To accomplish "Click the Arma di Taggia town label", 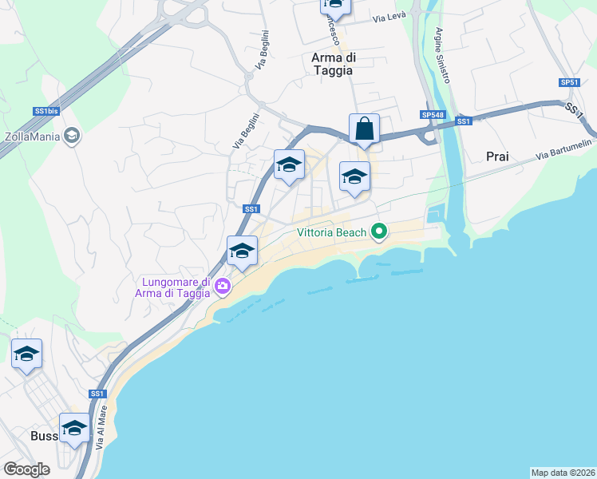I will (333, 63).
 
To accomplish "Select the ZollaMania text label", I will (31, 136).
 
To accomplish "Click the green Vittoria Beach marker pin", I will (379, 232).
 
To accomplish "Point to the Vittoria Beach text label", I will (332, 233).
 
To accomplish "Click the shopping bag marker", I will (364, 129).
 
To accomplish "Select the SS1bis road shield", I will (45, 111).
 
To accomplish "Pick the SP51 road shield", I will (568, 82).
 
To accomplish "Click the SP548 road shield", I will (433, 115).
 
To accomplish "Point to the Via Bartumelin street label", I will (563, 149).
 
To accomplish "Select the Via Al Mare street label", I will (101, 433).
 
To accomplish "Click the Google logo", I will (26, 469).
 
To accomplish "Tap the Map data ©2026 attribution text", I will (563, 472).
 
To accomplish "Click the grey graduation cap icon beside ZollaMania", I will (72, 136).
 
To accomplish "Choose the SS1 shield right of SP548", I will (464, 121).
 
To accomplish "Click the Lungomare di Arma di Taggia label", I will (175, 287).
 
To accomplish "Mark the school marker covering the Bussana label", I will (75, 428).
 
